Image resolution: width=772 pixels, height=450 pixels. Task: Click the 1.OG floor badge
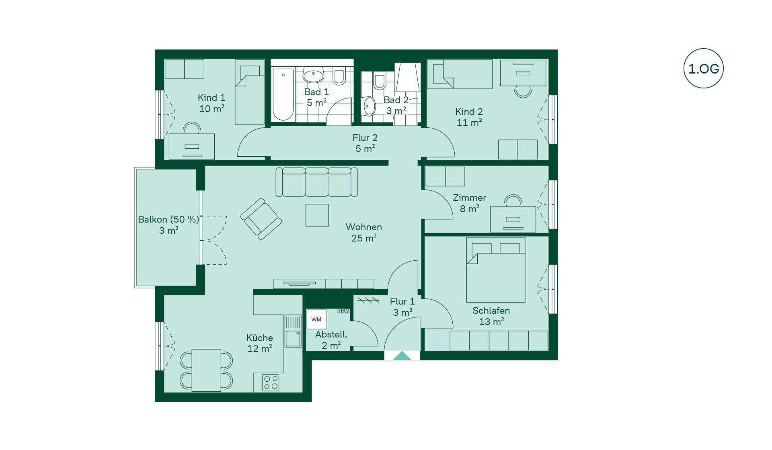[x=703, y=68]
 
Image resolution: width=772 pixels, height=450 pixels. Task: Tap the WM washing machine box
[x=316, y=319]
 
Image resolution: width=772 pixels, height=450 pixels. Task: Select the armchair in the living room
[x=261, y=219]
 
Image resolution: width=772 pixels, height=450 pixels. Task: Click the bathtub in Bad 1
[x=283, y=94]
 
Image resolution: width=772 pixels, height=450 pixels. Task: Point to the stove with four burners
[x=271, y=382]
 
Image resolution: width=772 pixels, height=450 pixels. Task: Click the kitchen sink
[x=293, y=331]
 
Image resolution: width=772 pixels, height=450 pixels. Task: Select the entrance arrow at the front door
[x=402, y=356]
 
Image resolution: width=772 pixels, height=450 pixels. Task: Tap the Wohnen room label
[x=364, y=227]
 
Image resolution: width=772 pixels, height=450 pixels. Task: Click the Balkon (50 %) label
[x=168, y=219]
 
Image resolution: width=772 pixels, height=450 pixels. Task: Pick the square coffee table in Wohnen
[x=317, y=215]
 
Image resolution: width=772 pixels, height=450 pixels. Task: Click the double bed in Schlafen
[x=496, y=270]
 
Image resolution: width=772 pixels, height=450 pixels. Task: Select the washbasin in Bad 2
[x=369, y=106]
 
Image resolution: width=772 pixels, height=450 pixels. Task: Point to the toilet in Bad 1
[x=339, y=76]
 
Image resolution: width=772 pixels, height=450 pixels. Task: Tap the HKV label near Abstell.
[x=343, y=311]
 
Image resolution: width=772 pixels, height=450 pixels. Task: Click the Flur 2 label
[x=365, y=138]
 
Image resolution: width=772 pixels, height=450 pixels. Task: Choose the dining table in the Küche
[x=206, y=370]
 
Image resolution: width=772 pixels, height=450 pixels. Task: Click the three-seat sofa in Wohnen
[x=316, y=182]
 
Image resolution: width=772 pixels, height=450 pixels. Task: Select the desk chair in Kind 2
[x=523, y=92]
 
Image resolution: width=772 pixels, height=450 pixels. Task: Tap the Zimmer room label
[x=469, y=198]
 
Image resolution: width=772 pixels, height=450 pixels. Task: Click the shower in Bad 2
[x=408, y=77]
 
